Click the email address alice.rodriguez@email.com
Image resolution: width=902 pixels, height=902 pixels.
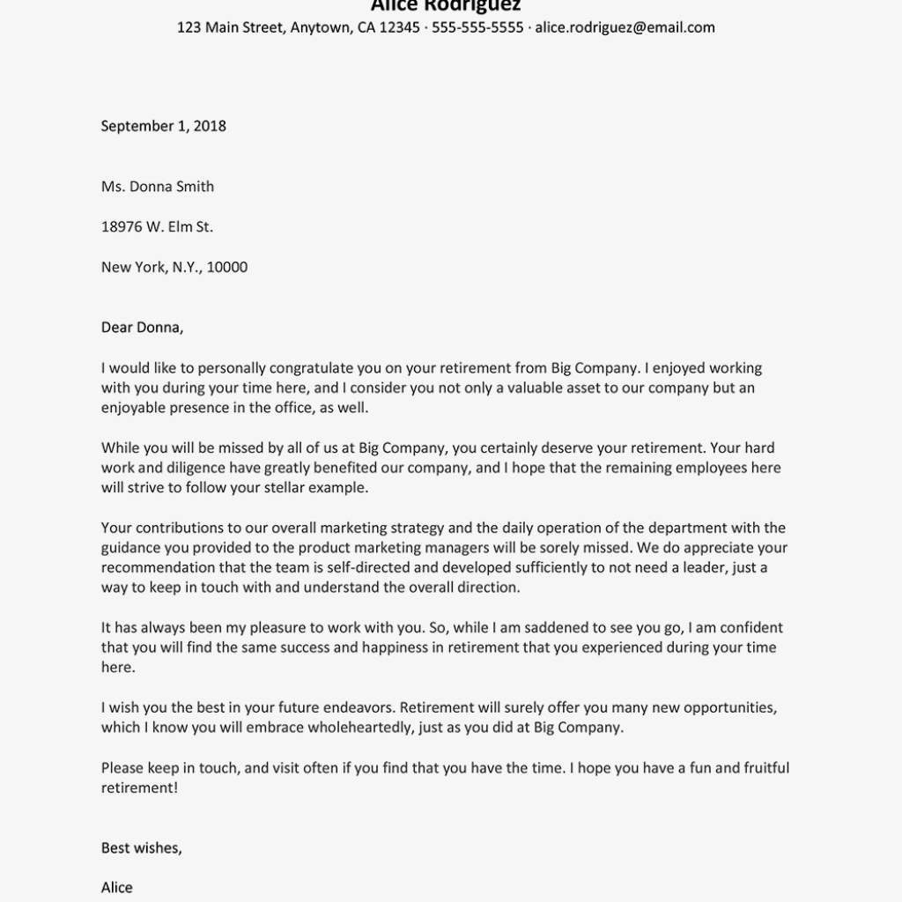(625, 27)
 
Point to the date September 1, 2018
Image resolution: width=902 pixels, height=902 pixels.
(163, 126)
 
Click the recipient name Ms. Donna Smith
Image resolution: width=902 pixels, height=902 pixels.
(157, 187)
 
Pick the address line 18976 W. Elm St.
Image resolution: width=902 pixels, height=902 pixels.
(157, 227)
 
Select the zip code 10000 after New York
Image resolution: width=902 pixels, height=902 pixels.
(227, 268)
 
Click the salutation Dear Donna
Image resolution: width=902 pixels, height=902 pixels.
(142, 328)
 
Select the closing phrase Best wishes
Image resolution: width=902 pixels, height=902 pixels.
(141, 848)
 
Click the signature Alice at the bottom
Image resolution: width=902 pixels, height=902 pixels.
(117, 888)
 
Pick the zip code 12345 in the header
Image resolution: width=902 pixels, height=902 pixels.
(399, 27)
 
